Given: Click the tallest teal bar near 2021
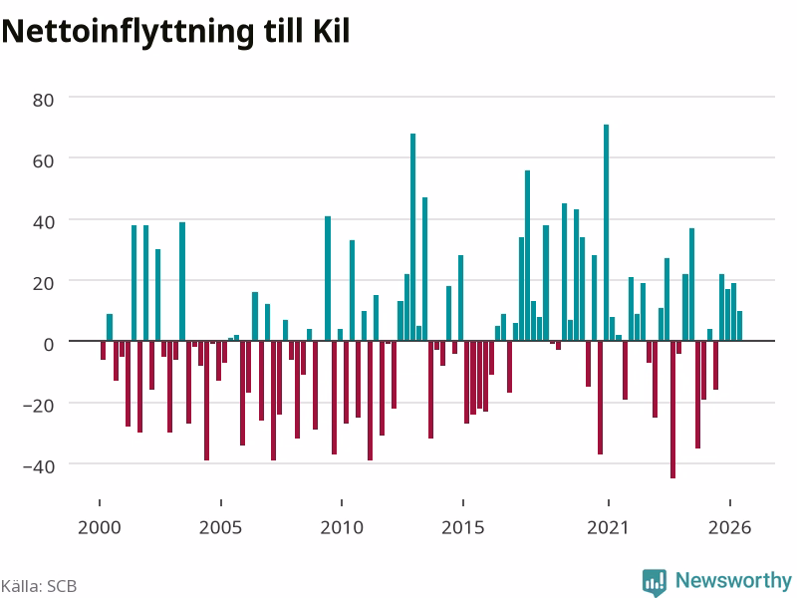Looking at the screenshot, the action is [606, 232].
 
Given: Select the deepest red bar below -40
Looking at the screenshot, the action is [673, 410].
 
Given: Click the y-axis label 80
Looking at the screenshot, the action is [43, 101].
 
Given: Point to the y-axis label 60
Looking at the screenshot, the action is [43, 161].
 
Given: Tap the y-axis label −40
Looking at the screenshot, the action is [39, 466].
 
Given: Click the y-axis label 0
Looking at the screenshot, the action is [49, 345].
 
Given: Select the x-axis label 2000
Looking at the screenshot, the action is [100, 528].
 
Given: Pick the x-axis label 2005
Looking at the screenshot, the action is [220, 528].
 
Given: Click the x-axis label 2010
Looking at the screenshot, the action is [342, 528].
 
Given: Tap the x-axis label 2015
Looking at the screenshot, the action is [463, 528].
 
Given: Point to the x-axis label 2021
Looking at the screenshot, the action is [609, 528].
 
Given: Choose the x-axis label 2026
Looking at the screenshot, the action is [730, 528].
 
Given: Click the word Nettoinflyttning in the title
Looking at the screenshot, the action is [128, 33].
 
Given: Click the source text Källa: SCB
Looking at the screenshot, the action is [39, 586].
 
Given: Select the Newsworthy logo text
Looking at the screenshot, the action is [733, 580].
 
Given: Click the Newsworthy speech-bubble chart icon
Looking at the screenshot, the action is [655, 582].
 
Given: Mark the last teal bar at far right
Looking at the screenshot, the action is [739, 326].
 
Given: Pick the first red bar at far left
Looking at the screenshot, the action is [104, 351].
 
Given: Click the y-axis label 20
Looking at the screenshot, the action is [43, 284].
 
